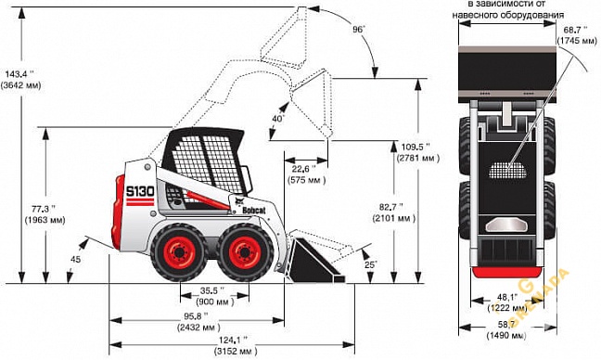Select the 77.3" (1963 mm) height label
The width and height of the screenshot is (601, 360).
click(43, 213)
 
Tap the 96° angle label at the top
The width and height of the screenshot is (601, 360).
click(358, 30)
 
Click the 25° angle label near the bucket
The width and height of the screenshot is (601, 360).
click(372, 265)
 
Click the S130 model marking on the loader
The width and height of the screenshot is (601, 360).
click(138, 192)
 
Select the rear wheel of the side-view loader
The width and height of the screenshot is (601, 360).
click(178, 251)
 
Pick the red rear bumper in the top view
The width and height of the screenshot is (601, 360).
click(506, 270)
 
